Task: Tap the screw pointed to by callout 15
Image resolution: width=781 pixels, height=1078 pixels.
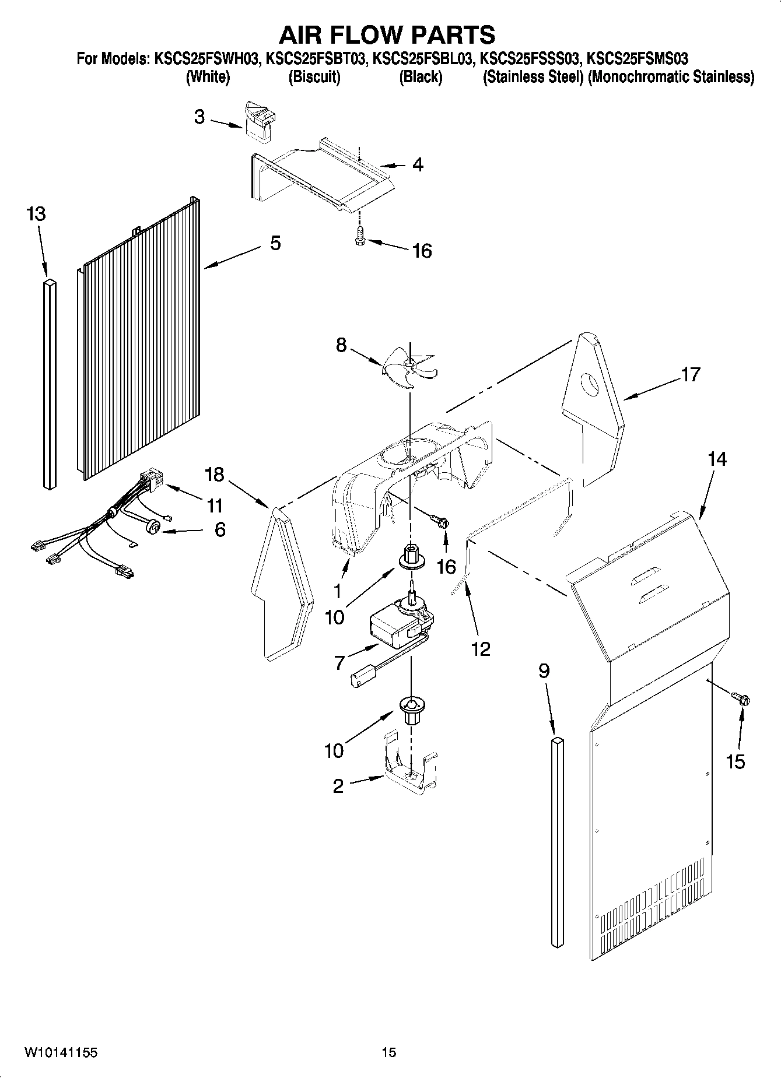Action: (742, 698)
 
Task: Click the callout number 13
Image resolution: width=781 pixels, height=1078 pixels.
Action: (36, 214)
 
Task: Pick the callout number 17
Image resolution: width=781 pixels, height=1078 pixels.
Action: (690, 374)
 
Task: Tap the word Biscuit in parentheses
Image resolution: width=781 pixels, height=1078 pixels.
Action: (314, 77)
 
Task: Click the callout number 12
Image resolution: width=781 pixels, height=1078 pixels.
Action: (481, 649)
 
